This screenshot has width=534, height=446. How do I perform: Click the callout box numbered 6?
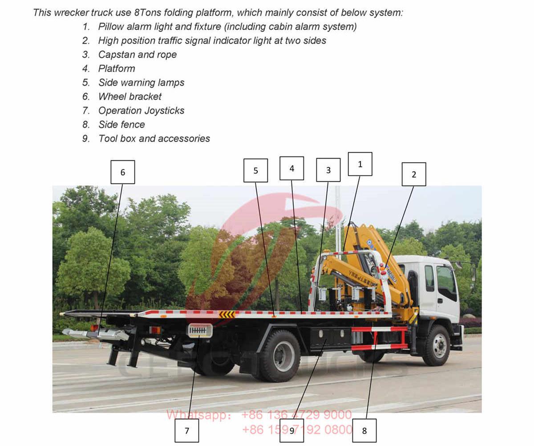[123, 172]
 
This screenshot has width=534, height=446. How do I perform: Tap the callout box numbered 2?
[414, 174]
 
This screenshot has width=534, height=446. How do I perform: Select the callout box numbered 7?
[187, 430]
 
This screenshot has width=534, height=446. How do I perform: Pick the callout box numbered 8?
[364, 430]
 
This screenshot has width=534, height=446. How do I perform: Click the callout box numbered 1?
[360, 164]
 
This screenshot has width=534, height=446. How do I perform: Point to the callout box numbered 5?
[256, 170]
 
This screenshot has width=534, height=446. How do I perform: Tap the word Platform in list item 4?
[117, 69]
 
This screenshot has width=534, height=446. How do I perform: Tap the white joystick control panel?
[200, 330]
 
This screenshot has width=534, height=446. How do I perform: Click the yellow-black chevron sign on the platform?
[227, 315]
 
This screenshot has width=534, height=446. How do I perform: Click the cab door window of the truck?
[446, 281]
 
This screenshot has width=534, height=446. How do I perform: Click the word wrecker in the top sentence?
[71, 12]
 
